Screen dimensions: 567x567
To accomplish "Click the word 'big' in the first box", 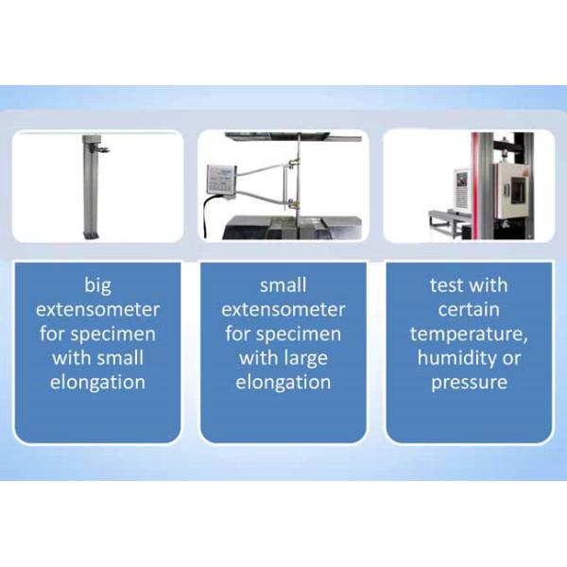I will [97, 284].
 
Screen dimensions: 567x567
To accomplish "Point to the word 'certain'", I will [469, 309].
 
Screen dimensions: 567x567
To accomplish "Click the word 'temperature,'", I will [469, 334].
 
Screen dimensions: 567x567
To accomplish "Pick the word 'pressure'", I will [469, 383].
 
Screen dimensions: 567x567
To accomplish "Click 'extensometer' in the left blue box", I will [97, 309].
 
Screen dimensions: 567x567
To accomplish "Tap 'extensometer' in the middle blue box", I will [283, 309].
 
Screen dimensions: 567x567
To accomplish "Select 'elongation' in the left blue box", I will [97, 383].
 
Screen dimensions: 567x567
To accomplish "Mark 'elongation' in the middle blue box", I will [283, 383].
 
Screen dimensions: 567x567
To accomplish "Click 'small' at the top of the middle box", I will [283, 284].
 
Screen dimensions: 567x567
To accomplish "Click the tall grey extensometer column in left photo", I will [91, 194].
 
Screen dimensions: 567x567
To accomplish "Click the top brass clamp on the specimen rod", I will [295, 164].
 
